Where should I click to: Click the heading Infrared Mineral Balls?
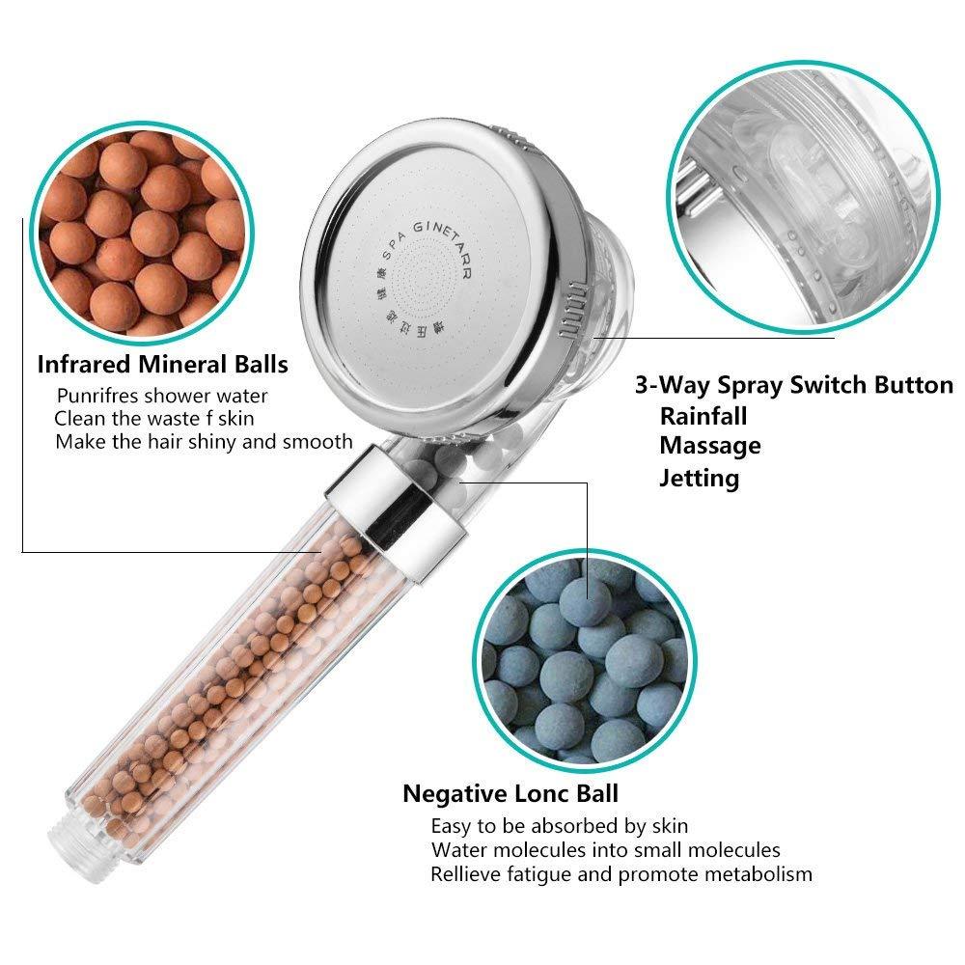point(162,365)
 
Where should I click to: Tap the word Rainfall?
point(703,416)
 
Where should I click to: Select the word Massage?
point(710,446)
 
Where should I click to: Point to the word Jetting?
point(700,478)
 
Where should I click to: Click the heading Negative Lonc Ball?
point(510,794)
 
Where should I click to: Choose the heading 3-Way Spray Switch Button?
point(793,385)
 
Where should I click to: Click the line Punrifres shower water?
point(162,396)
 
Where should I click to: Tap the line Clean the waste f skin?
point(154,419)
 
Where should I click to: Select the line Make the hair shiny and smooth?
point(204,442)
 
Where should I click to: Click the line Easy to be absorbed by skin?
point(560,826)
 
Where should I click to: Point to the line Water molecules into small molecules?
point(606,850)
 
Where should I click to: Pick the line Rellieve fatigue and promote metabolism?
point(621,874)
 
